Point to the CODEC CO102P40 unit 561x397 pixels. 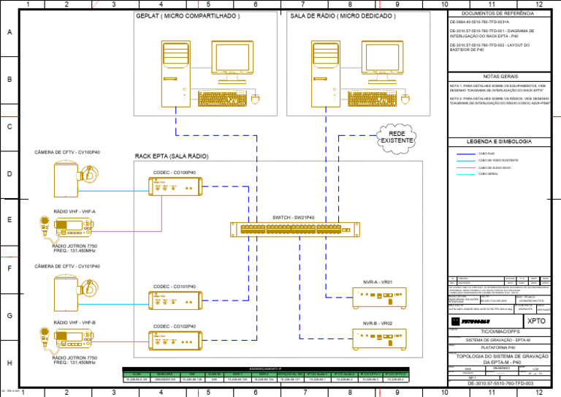(176, 341)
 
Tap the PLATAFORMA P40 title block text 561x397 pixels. (497, 347)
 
